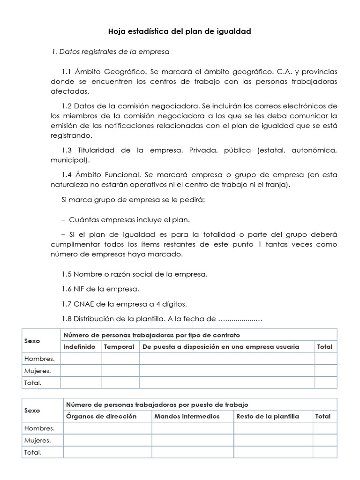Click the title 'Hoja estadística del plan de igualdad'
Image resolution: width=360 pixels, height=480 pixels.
pyautogui.click(x=180, y=32)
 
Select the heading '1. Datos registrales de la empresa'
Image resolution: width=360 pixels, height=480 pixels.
pyautogui.click(x=110, y=51)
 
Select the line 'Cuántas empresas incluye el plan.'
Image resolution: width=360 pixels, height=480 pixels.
pyautogui.click(x=129, y=219)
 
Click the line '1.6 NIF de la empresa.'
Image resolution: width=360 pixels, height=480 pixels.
pyautogui.click(x=100, y=288)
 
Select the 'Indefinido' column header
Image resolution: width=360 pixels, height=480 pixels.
pyautogui.click(x=79, y=347)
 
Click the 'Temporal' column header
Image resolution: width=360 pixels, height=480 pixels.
pyautogui.click(x=119, y=347)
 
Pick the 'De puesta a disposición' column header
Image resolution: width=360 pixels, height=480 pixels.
pyautogui.click(x=227, y=347)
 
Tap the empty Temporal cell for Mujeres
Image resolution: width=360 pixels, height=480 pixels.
pyautogui.click(x=120, y=371)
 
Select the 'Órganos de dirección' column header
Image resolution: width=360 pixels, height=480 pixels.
pyautogui.click(x=102, y=416)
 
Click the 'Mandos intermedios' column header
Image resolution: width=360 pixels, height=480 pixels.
pyautogui.click(x=187, y=416)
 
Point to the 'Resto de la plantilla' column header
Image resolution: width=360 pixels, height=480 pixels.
pyautogui.click(x=268, y=416)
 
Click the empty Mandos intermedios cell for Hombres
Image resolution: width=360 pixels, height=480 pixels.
pyautogui.click(x=192, y=428)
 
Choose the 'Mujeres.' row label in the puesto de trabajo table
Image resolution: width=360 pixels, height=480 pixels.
pyautogui.click(x=37, y=441)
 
